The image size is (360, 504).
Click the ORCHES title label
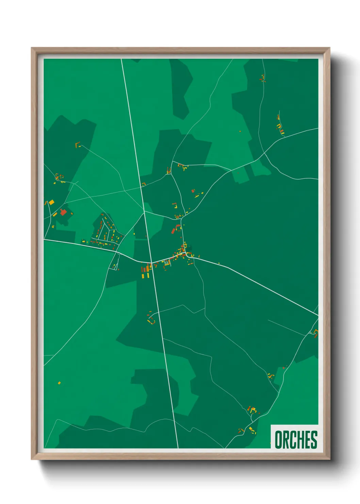pyautogui.click(x=295, y=439)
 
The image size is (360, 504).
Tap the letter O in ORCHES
pyautogui.click(x=278, y=440)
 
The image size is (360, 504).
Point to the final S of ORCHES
pyautogui.click(x=313, y=440)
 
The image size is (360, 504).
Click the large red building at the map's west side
pyautogui.click(x=63, y=212)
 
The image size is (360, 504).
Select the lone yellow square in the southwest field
pyautogui.click(x=59, y=383)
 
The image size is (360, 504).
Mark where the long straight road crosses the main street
pyautogui.click(x=151, y=263)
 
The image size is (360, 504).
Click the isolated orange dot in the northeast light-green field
pyautogui.click(x=240, y=131)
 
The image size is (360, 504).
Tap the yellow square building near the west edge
pyautogui.click(x=51, y=202)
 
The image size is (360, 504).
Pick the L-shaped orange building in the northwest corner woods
pyautogui.click(x=78, y=145)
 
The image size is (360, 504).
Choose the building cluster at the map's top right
pyautogui.click(x=263, y=79)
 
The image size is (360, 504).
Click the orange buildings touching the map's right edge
pyautogui.click(x=316, y=333)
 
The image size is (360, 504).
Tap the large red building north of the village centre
pyautogui.click(x=173, y=231)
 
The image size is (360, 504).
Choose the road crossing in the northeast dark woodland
pyautogui.click(x=265, y=154)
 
